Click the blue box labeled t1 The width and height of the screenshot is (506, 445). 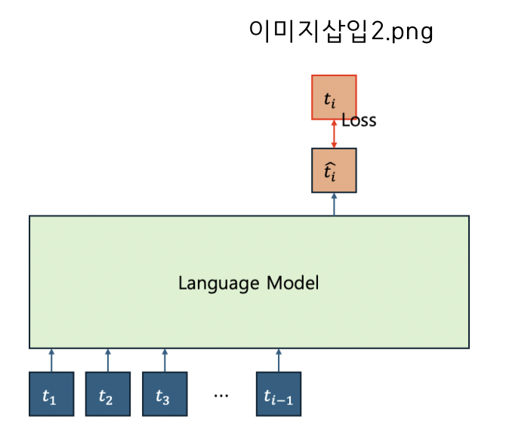51,394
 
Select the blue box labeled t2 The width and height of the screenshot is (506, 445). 107,394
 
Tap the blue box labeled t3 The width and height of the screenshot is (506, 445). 164,394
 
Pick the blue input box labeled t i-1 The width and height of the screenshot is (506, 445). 279,394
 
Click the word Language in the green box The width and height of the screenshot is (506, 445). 219,284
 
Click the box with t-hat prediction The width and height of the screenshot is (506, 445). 334,170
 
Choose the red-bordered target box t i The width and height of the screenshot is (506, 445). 334,97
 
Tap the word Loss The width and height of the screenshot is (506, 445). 359,121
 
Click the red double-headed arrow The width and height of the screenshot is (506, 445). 334,133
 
